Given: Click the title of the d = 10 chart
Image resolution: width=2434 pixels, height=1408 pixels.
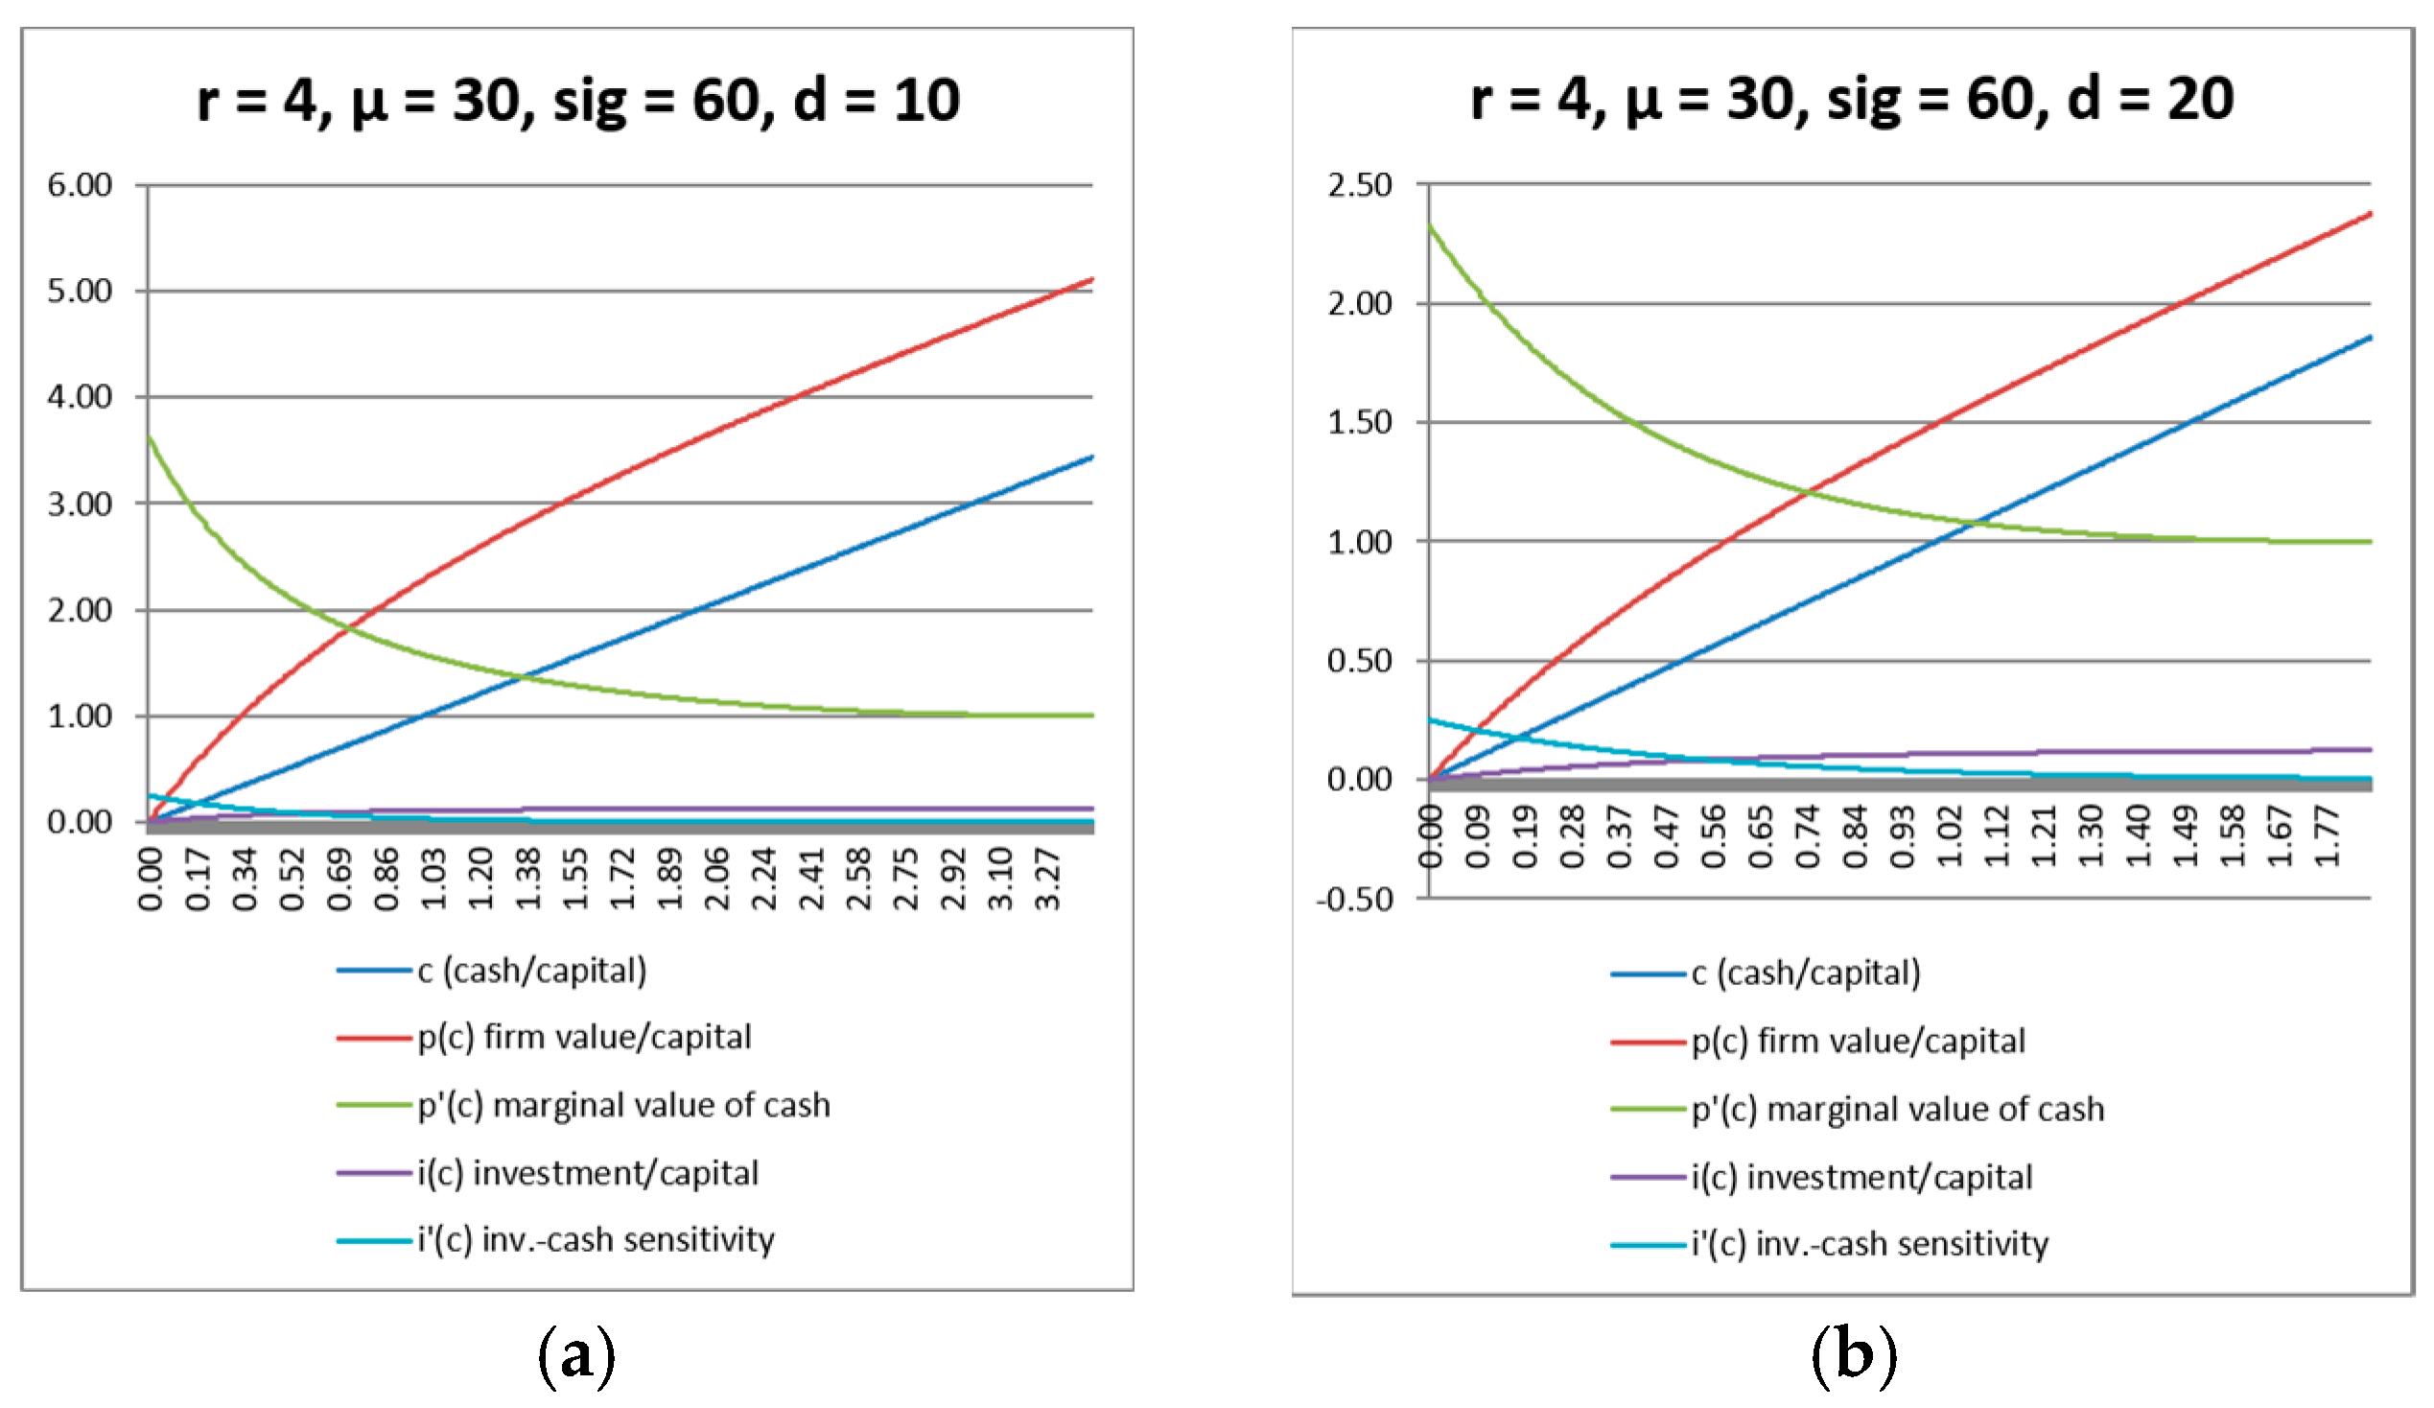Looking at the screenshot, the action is [x=578, y=101].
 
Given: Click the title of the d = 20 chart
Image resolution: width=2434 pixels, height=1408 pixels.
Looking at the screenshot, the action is [x=1852, y=100].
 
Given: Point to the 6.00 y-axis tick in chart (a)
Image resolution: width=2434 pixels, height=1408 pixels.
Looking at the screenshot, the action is [x=81, y=184].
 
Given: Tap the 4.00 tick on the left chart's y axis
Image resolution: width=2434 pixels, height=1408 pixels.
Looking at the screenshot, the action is [x=81, y=397].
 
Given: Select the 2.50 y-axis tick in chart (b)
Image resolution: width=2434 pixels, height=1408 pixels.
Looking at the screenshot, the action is [x=1360, y=184].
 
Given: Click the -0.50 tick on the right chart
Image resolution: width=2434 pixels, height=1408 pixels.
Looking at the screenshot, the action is [x=1355, y=899].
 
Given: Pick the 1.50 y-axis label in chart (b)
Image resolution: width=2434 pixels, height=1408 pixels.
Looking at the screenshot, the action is [x=1360, y=422].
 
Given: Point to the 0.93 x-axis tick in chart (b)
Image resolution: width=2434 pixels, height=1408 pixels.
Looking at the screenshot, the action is [x=1902, y=835].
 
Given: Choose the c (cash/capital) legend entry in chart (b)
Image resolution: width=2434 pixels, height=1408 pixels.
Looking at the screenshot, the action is [x=1766, y=974].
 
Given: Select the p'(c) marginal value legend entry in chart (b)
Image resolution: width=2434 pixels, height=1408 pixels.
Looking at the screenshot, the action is [x=1858, y=1110].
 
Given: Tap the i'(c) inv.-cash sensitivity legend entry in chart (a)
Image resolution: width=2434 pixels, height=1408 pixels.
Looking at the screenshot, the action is [x=555, y=1240].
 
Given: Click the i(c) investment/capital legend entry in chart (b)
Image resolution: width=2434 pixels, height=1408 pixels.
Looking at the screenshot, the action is [x=1821, y=1177].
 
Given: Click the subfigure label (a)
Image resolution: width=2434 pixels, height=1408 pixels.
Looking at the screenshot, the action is [x=576, y=1356].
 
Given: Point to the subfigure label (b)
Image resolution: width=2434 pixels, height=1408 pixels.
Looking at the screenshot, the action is [x=1854, y=1356].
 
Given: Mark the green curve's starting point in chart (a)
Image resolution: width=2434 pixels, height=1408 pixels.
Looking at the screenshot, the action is [x=148, y=436].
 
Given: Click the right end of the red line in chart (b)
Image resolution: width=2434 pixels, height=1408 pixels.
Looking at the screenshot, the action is [x=2372, y=214].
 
